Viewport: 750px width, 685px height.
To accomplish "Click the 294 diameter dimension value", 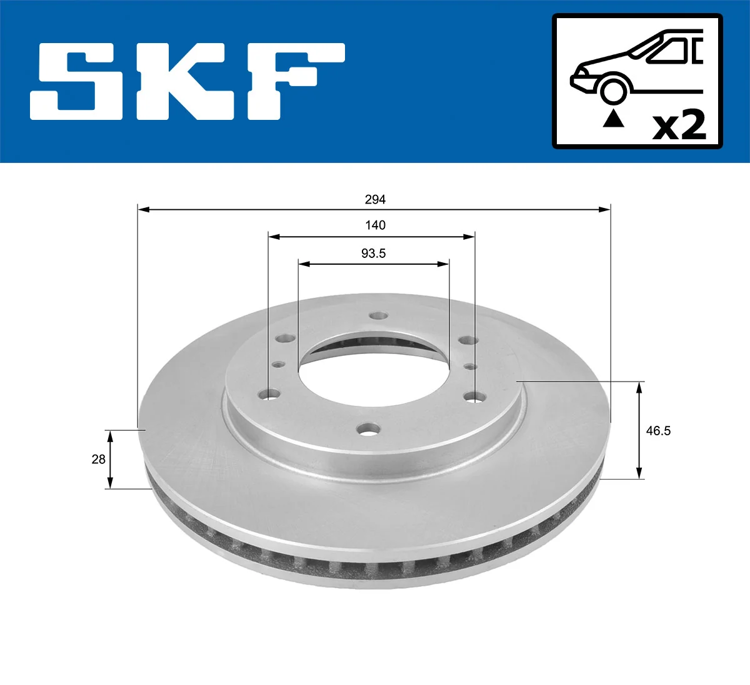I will point(375,200).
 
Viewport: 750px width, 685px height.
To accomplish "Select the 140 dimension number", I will point(375,225).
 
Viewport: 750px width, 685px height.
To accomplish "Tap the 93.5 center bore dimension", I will point(373,254).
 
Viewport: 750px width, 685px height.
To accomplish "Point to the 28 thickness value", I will point(98,460).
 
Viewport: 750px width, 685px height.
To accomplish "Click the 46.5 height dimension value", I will point(658,431).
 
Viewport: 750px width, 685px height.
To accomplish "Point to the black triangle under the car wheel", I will point(613,118).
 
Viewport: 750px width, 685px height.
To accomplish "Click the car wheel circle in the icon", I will point(613,90).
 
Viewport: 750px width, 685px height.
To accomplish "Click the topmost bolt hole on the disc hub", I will point(376,316).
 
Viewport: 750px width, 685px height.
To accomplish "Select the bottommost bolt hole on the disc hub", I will point(369,430).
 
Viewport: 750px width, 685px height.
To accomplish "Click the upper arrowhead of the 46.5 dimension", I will point(639,387).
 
